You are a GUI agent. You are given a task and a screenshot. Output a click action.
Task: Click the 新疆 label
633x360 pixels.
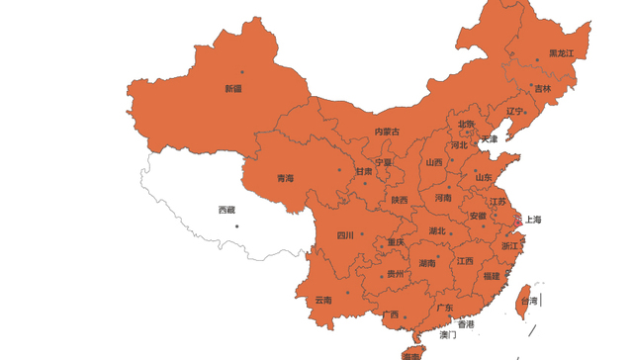233,89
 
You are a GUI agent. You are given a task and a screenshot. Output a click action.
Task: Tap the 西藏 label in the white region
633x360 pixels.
226,210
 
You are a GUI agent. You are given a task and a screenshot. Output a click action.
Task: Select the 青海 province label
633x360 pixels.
285,179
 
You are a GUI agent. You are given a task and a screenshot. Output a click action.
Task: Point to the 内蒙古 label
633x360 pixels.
388,132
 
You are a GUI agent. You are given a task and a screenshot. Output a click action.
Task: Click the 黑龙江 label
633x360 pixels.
561,52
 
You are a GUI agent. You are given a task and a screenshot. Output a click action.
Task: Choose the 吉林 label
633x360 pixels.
543,88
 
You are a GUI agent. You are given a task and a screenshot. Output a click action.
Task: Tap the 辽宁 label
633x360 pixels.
514,112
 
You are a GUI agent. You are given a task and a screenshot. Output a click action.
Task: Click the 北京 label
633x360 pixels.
466,125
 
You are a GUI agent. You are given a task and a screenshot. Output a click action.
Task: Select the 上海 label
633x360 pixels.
532,220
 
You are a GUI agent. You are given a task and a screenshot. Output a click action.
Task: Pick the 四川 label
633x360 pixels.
345,236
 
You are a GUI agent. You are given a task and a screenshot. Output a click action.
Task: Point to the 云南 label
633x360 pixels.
323,301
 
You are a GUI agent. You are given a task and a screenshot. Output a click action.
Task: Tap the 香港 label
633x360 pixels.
465,324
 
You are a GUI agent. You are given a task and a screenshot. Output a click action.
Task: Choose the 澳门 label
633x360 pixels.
448,336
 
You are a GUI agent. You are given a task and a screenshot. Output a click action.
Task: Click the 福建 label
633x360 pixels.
492,276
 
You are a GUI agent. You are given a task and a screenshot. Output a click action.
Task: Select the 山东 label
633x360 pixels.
483,177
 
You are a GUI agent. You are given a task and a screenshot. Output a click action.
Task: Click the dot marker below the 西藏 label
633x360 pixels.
237,226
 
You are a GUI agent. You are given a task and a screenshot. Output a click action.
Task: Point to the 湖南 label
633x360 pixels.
426,264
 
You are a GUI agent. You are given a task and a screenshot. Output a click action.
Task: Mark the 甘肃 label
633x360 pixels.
364,171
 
